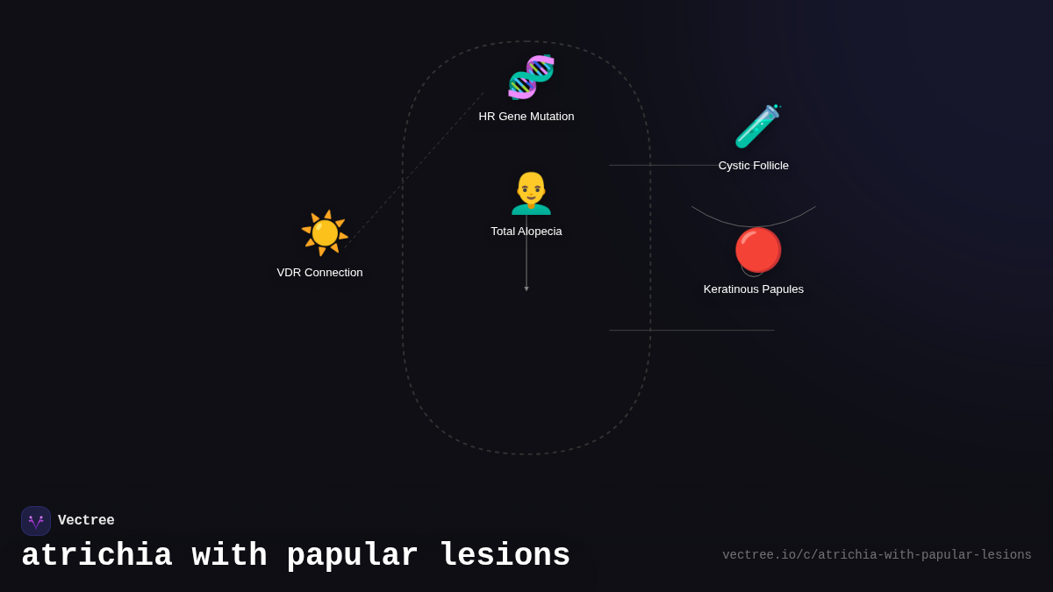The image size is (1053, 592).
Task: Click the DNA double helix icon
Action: [x=531, y=77]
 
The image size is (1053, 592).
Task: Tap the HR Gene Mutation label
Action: [x=526, y=117]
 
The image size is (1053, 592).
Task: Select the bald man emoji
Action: [x=531, y=193]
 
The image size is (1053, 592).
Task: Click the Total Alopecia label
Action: [x=526, y=232]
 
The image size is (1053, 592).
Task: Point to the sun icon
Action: [x=325, y=233]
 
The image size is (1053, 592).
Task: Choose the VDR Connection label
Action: [x=319, y=273]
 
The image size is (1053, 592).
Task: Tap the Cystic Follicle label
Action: [x=754, y=166]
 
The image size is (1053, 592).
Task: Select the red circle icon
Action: [x=758, y=250]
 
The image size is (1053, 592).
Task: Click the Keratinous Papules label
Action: [x=754, y=289]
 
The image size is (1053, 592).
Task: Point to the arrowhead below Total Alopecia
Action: [x=526, y=289]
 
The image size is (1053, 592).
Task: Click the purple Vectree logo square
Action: [x=36, y=521]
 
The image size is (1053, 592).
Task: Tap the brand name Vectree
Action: [x=86, y=520]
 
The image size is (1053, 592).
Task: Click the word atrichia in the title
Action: [x=97, y=555]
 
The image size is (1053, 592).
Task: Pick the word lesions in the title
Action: [x=505, y=555]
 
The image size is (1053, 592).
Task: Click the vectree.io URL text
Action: [x=877, y=555]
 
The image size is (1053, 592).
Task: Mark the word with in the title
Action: [x=229, y=555]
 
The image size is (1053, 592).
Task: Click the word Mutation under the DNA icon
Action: [x=552, y=117]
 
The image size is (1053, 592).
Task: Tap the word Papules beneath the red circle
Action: [x=784, y=289]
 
